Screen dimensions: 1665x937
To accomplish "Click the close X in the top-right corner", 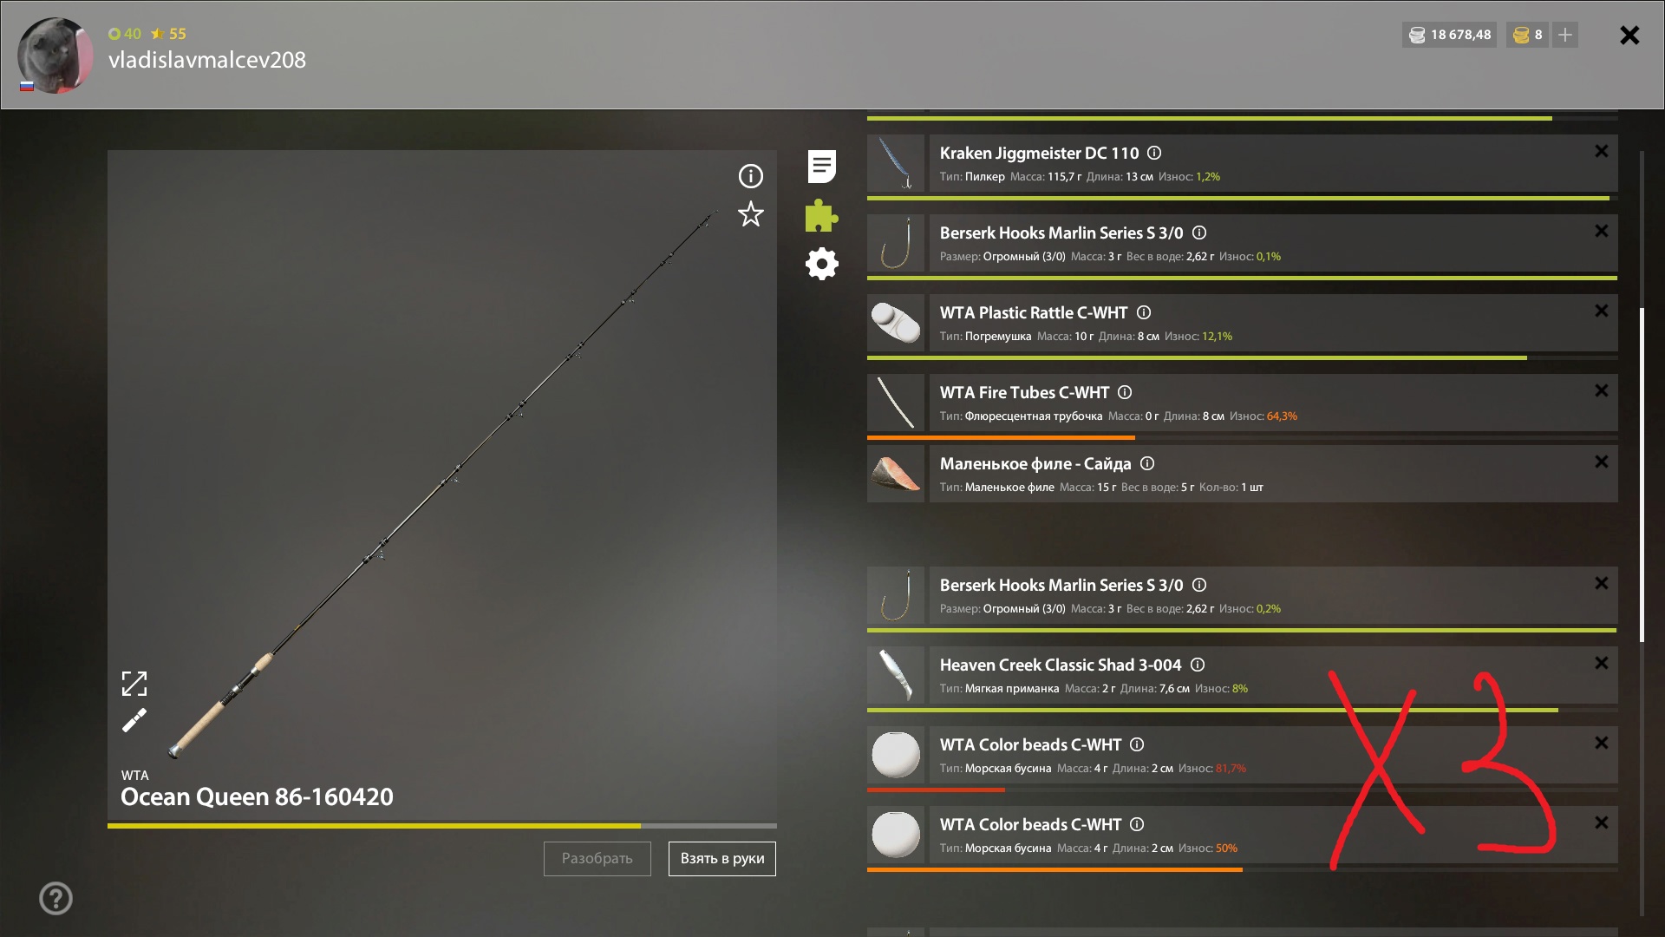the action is pos(1629,35).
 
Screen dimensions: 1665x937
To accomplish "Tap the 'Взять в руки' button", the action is pos(722,858).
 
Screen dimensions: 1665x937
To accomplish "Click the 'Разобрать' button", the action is pos(597,858).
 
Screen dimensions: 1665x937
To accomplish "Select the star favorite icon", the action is pos(751,213).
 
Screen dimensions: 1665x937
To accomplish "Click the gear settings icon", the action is pos(822,264).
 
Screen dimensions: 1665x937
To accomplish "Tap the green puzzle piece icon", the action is pos(821,216).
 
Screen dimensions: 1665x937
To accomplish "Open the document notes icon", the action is pos(821,167).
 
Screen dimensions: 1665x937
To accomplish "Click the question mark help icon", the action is pos(55,899).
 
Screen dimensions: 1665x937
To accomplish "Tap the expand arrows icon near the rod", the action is pos(134,684).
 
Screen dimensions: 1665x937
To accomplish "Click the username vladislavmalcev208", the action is pos(207,60).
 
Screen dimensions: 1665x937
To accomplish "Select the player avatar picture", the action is pos(55,55).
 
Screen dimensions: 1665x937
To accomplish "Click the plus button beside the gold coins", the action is pos(1565,35).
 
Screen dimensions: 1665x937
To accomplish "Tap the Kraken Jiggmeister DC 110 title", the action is pos(1039,153).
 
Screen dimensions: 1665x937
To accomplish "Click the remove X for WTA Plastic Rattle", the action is pos(1602,311).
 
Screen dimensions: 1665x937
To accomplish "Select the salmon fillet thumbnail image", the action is pos(896,474).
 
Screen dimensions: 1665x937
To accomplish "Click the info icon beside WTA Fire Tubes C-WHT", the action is pos(1125,392).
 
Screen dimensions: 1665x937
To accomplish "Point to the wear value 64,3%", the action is pos(1282,416).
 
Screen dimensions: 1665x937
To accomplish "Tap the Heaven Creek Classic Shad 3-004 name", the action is pos(1061,665).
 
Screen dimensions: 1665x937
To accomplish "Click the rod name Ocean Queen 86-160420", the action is pos(257,796).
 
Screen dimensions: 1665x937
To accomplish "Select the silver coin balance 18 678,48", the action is pos(1461,35).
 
